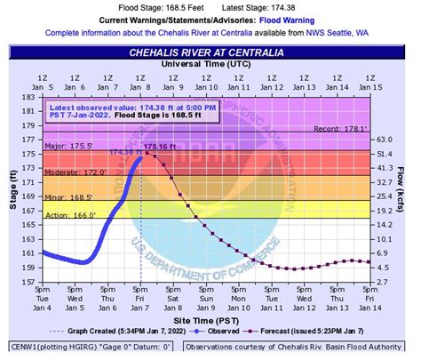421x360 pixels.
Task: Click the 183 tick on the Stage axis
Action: pyautogui.click(x=30, y=84)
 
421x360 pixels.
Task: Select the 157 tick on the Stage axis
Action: pyautogui.click(x=30, y=282)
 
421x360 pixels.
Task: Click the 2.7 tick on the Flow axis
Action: pyautogui.click(x=382, y=282)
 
